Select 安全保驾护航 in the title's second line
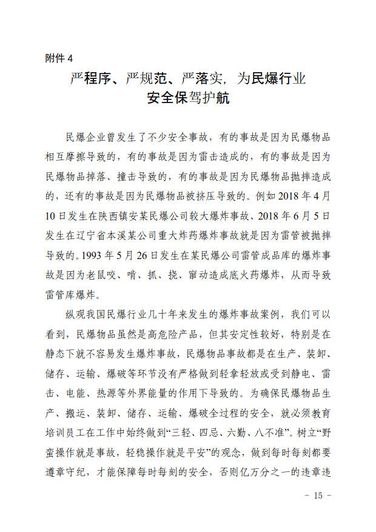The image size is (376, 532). click(x=188, y=98)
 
